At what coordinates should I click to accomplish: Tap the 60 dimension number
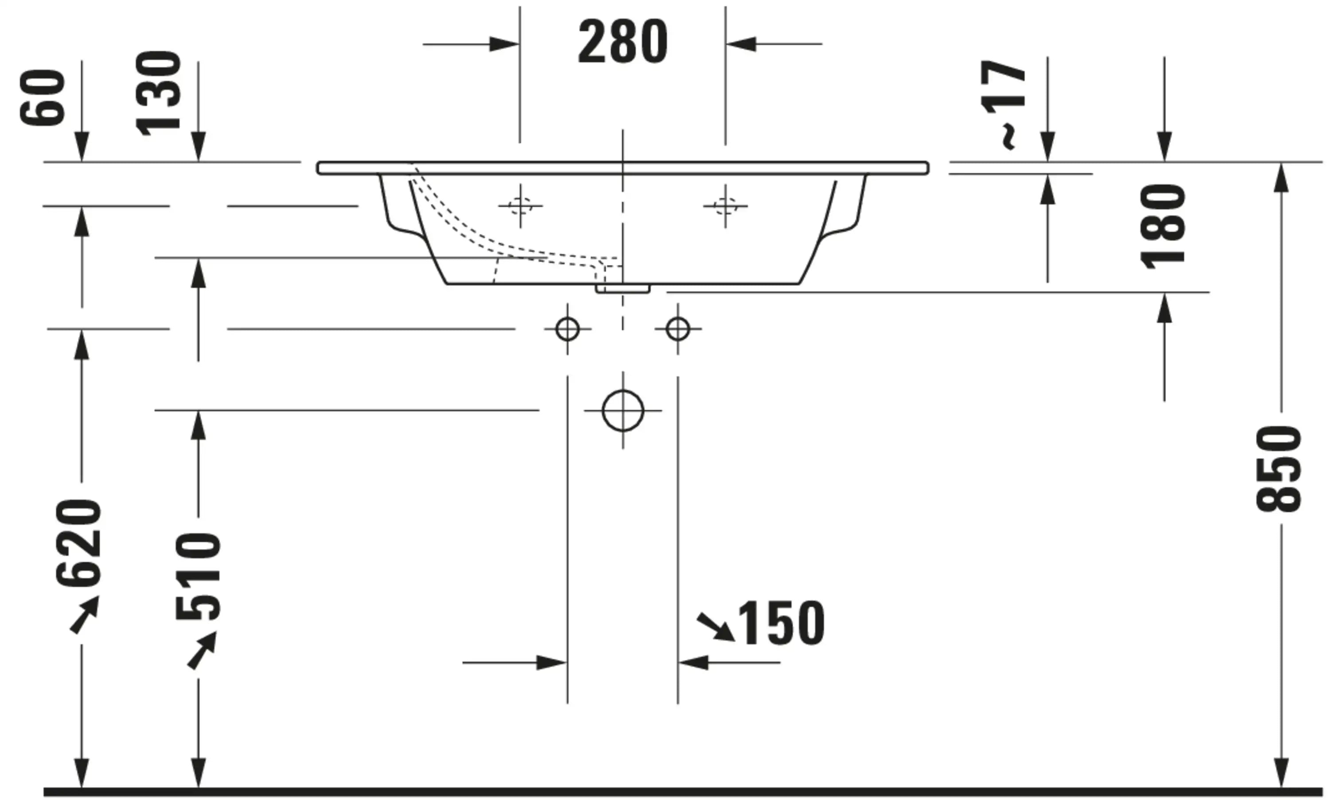43,98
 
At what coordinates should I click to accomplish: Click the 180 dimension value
1163,226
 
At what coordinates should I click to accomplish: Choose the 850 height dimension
1278,468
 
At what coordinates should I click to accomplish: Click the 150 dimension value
781,623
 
